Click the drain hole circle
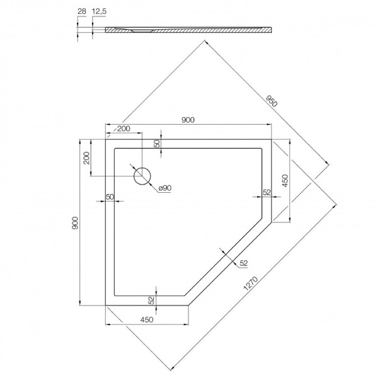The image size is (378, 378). (142, 176)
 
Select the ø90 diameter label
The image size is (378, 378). (165, 188)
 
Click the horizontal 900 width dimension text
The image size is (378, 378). (187, 120)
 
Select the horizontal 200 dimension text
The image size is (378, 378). (123, 129)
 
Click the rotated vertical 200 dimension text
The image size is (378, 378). (86, 160)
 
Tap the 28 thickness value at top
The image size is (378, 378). (80, 11)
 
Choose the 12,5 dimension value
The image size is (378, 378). (99, 11)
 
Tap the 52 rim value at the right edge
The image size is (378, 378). (266, 192)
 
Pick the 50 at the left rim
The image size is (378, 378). (110, 197)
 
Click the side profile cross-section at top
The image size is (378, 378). (189, 30)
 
